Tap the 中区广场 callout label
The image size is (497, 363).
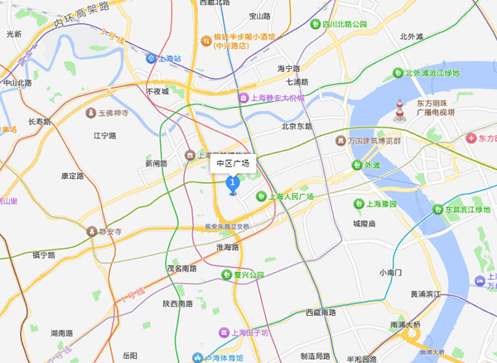click(233, 163)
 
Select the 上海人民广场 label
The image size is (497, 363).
click(290, 196)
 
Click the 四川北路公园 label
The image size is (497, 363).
click(345, 25)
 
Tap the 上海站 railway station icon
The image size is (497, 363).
click(151, 59)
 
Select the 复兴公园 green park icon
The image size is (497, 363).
click(226, 274)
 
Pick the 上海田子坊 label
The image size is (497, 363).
click(249, 333)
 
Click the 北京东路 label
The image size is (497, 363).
click(297, 127)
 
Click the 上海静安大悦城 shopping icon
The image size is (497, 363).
click(244, 99)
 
